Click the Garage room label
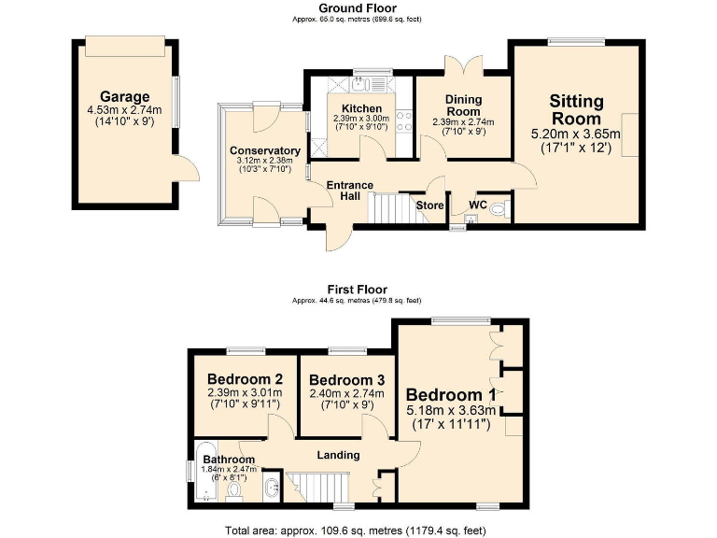125,96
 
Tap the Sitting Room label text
576,110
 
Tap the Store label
429,205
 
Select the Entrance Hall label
349,191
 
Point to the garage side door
190,170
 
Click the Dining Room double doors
464,65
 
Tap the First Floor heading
357,290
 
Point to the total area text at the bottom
358,530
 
